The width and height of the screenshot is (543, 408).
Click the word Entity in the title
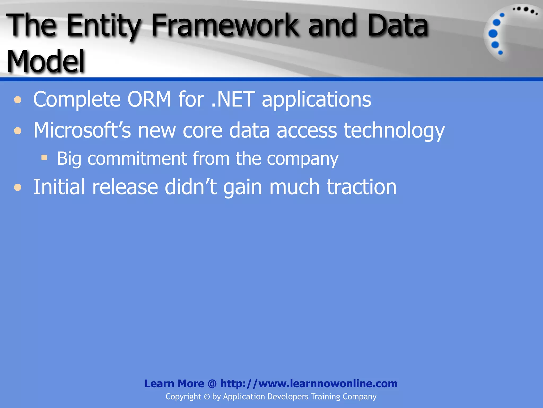click(103, 26)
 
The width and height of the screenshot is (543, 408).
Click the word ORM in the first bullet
click(149, 99)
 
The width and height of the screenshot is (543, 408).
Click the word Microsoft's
click(82, 130)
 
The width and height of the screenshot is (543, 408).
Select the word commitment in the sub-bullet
click(137, 159)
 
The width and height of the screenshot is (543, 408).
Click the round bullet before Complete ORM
click(18, 100)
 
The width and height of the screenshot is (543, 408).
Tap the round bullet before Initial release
click(18, 188)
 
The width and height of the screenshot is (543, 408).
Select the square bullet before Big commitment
click(44, 158)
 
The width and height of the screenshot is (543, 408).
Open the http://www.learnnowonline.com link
click(309, 384)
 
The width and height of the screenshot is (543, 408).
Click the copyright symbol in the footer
click(207, 397)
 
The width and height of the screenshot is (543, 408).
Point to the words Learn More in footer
click(174, 384)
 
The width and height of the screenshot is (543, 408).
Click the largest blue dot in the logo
click(493, 34)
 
